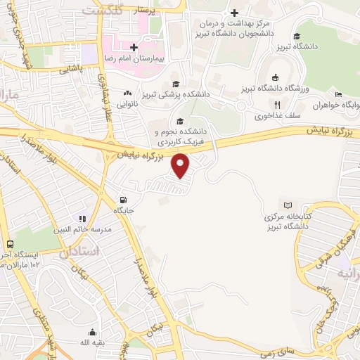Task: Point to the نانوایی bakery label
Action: pos(127,104)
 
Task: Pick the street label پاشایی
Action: pos(70,70)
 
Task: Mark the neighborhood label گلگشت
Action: pos(102,11)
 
